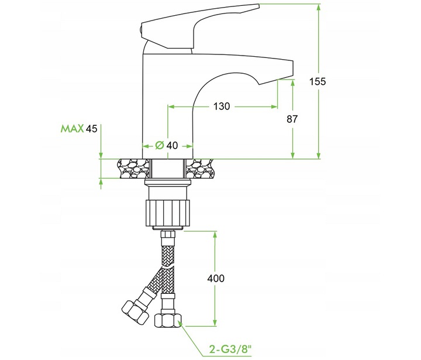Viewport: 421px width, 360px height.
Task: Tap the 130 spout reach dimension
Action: point(222,106)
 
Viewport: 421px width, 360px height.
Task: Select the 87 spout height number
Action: point(292,119)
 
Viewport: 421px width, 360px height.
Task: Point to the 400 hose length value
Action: point(215,279)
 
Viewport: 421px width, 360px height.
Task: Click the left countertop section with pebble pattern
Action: point(133,169)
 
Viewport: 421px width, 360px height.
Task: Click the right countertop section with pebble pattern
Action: point(201,169)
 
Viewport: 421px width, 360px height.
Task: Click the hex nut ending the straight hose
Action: point(168,320)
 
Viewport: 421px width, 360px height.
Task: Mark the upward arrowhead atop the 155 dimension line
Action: point(319,8)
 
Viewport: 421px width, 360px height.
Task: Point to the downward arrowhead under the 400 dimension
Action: point(216,323)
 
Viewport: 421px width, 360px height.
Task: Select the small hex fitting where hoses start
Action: point(168,238)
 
